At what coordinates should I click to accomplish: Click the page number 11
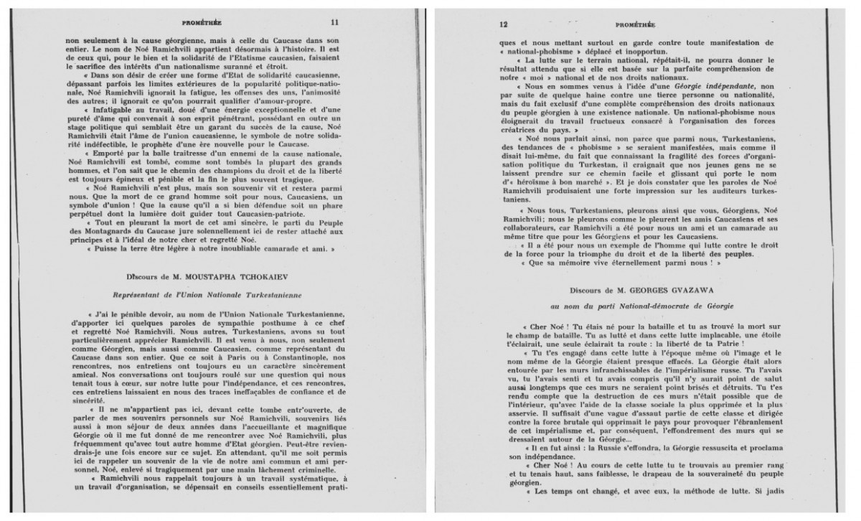coord(334,22)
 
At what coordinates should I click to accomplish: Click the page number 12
coord(504,22)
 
